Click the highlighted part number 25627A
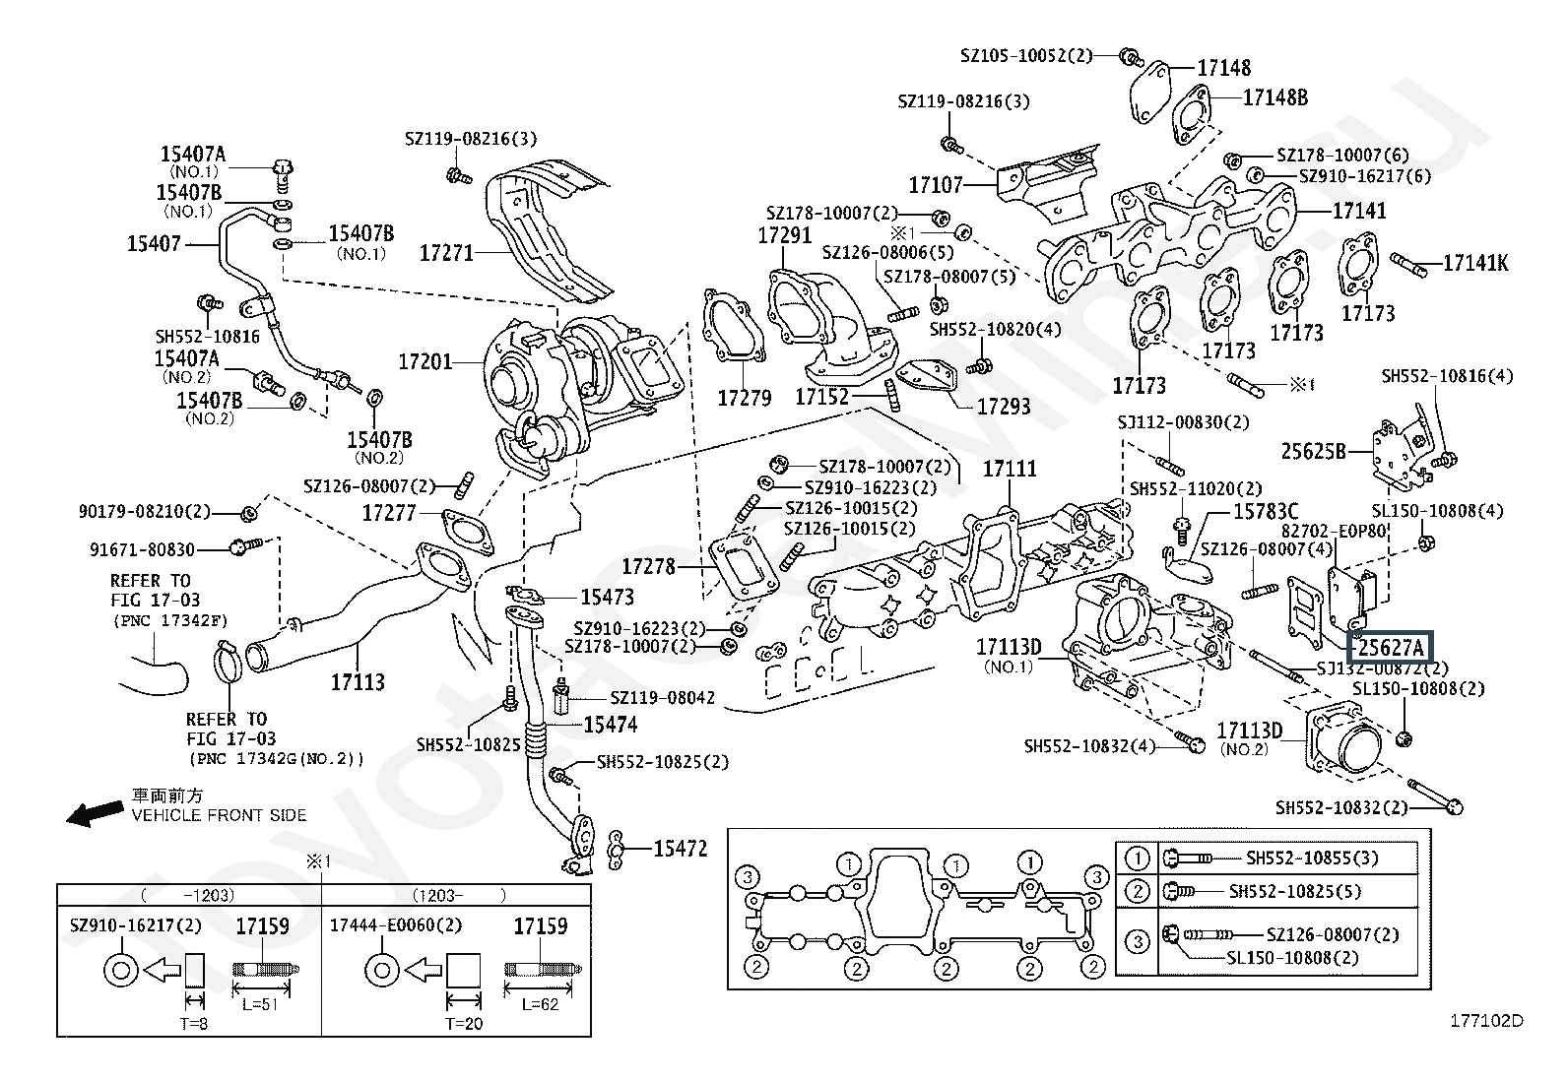click(x=1391, y=647)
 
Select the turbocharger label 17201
click(x=425, y=362)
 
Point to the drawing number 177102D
click(x=1485, y=1021)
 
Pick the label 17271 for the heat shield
click(x=446, y=253)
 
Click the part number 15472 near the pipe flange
click(x=681, y=848)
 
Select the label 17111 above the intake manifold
click(x=1010, y=470)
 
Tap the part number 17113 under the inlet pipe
click(x=358, y=681)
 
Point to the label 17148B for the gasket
click(x=1275, y=97)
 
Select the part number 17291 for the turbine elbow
click(x=784, y=236)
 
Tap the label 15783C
click(x=1266, y=512)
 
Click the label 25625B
click(x=1313, y=451)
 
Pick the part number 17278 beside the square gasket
click(x=648, y=566)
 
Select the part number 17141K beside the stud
click(x=1475, y=263)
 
